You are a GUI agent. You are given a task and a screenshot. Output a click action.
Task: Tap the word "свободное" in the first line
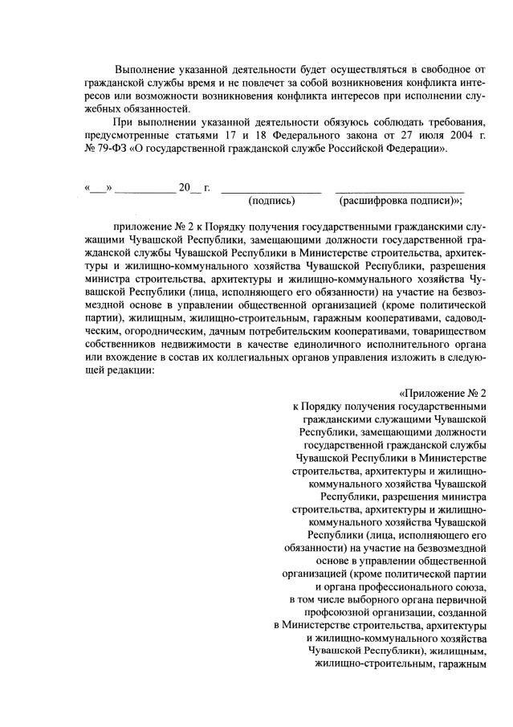(434, 69)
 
